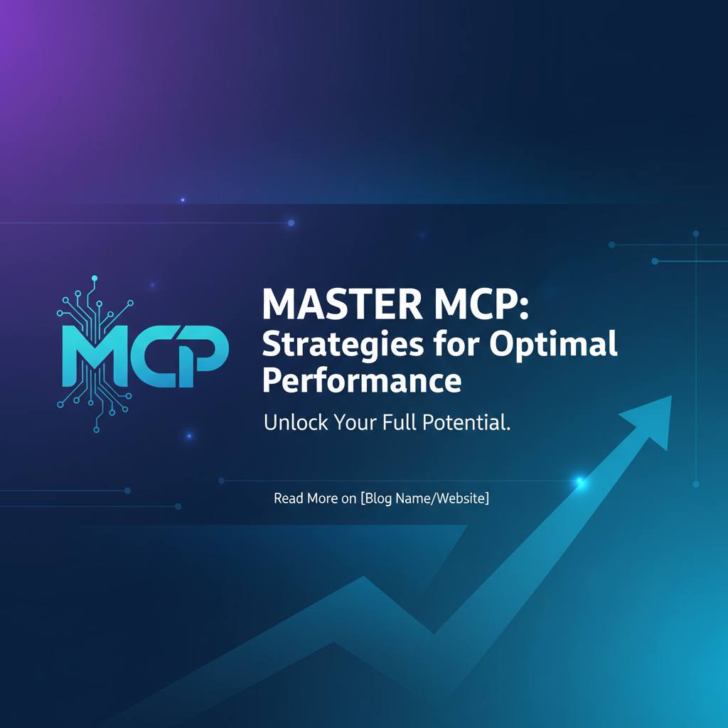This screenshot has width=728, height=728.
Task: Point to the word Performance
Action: [x=362, y=381]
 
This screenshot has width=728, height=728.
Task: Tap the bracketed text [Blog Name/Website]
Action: [x=425, y=498]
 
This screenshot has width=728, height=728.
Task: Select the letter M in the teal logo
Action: [x=95, y=356]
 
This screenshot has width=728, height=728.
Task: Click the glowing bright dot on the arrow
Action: [x=580, y=481]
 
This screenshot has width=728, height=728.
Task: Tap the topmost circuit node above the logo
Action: [x=95, y=278]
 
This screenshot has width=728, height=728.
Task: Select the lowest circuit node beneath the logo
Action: [x=97, y=429]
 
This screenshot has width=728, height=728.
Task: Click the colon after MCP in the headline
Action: [x=524, y=308]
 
